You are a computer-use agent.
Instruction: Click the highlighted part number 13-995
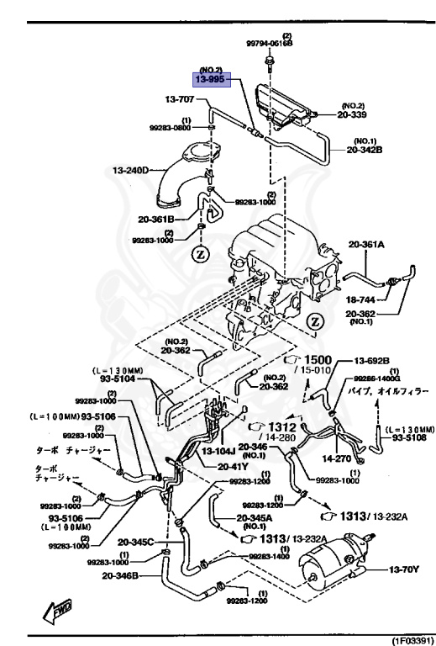point(211,80)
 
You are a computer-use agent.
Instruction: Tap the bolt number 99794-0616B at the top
point(270,43)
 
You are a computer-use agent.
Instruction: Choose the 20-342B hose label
point(365,151)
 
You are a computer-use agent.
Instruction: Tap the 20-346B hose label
point(121,576)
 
